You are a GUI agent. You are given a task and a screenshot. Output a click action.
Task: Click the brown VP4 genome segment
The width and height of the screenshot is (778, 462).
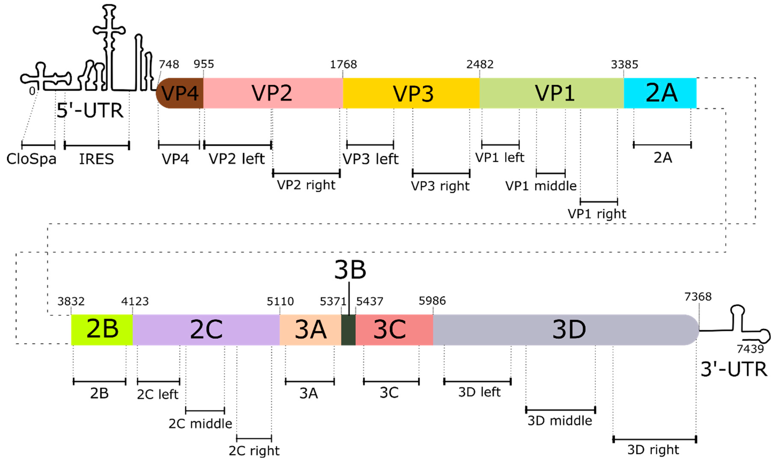click(x=180, y=93)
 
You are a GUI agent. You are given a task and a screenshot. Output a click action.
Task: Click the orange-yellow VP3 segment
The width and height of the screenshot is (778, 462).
click(x=411, y=93)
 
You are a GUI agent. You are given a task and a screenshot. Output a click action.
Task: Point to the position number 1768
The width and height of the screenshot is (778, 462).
click(x=343, y=64)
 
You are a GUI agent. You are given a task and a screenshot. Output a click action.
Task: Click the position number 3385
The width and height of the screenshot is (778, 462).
click(x=624, y=64)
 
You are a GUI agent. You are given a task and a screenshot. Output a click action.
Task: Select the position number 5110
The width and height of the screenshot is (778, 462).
click(x=280, y=301)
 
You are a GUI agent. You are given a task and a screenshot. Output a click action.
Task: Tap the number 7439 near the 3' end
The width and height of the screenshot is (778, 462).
click(x=750, y=349)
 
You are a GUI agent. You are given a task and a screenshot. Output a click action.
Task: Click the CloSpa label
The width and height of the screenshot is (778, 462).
click(x=31, y=159)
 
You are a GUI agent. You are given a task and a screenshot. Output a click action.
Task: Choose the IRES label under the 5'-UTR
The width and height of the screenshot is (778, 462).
click(x=96, y=159)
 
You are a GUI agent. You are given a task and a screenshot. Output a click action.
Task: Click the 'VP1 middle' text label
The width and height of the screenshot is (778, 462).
click(x=541, y=186)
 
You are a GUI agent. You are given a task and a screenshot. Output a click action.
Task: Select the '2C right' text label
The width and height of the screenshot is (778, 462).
click(x=254, y=450)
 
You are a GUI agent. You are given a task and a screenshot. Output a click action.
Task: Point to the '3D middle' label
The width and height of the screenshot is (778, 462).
click(x=560, y=421)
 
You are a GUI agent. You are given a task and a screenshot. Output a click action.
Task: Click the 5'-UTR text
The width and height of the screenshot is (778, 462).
click(x=90, y=110)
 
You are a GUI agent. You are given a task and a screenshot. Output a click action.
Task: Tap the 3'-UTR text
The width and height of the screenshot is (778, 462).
click(x=733, y=369)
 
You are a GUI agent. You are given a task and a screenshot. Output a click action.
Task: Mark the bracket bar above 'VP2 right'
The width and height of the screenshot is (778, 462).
click(x=306, y=173)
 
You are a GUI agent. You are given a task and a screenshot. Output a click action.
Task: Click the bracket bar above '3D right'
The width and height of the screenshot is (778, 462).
click(x=654, y=439)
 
